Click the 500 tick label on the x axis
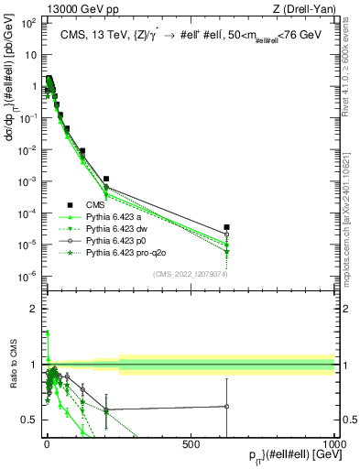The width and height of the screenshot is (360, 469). (191, 443)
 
